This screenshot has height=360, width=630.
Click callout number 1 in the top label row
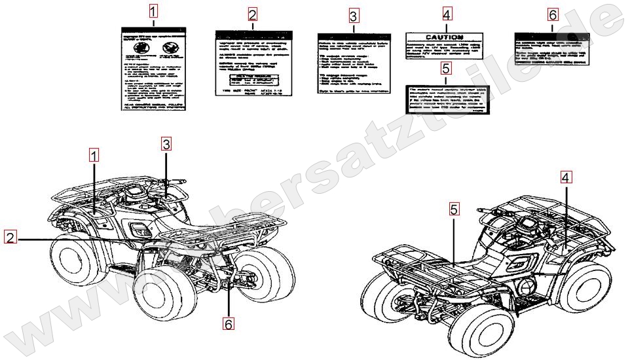pos(153,11)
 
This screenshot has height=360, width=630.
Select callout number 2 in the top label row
pos(253,14)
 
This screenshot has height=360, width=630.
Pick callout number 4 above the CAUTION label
pos(447,14)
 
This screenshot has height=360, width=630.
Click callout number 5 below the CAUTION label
pos(446,67)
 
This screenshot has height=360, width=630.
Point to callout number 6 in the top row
pos(553,14)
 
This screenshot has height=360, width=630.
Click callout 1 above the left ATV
pos(94,155)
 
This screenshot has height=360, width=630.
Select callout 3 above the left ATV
pos(166,143)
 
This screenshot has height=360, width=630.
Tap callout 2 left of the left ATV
pos(10,238)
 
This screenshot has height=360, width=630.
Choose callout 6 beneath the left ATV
pos(229,323)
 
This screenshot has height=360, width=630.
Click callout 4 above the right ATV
pos(565,176)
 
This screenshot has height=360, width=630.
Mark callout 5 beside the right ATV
pos(454,209)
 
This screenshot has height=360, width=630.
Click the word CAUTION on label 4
pos(444,38)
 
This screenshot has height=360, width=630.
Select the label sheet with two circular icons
pos(154,67)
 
